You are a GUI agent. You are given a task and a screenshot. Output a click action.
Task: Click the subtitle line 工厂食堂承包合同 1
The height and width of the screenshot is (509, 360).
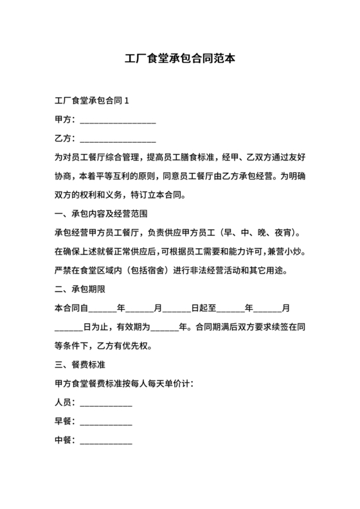[x=93, y=101]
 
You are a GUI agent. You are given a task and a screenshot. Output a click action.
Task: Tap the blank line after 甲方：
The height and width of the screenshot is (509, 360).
[x=117, y=120]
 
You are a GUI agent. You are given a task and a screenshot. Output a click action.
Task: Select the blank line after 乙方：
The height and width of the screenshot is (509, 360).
[x=117, y=139]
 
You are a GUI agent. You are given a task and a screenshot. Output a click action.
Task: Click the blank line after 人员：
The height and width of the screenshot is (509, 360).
[x=105, y=403]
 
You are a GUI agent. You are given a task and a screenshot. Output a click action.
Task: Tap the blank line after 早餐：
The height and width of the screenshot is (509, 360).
[x=105, y=422]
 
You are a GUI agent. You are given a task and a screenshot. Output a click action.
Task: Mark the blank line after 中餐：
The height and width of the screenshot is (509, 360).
[x=105, y=441]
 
